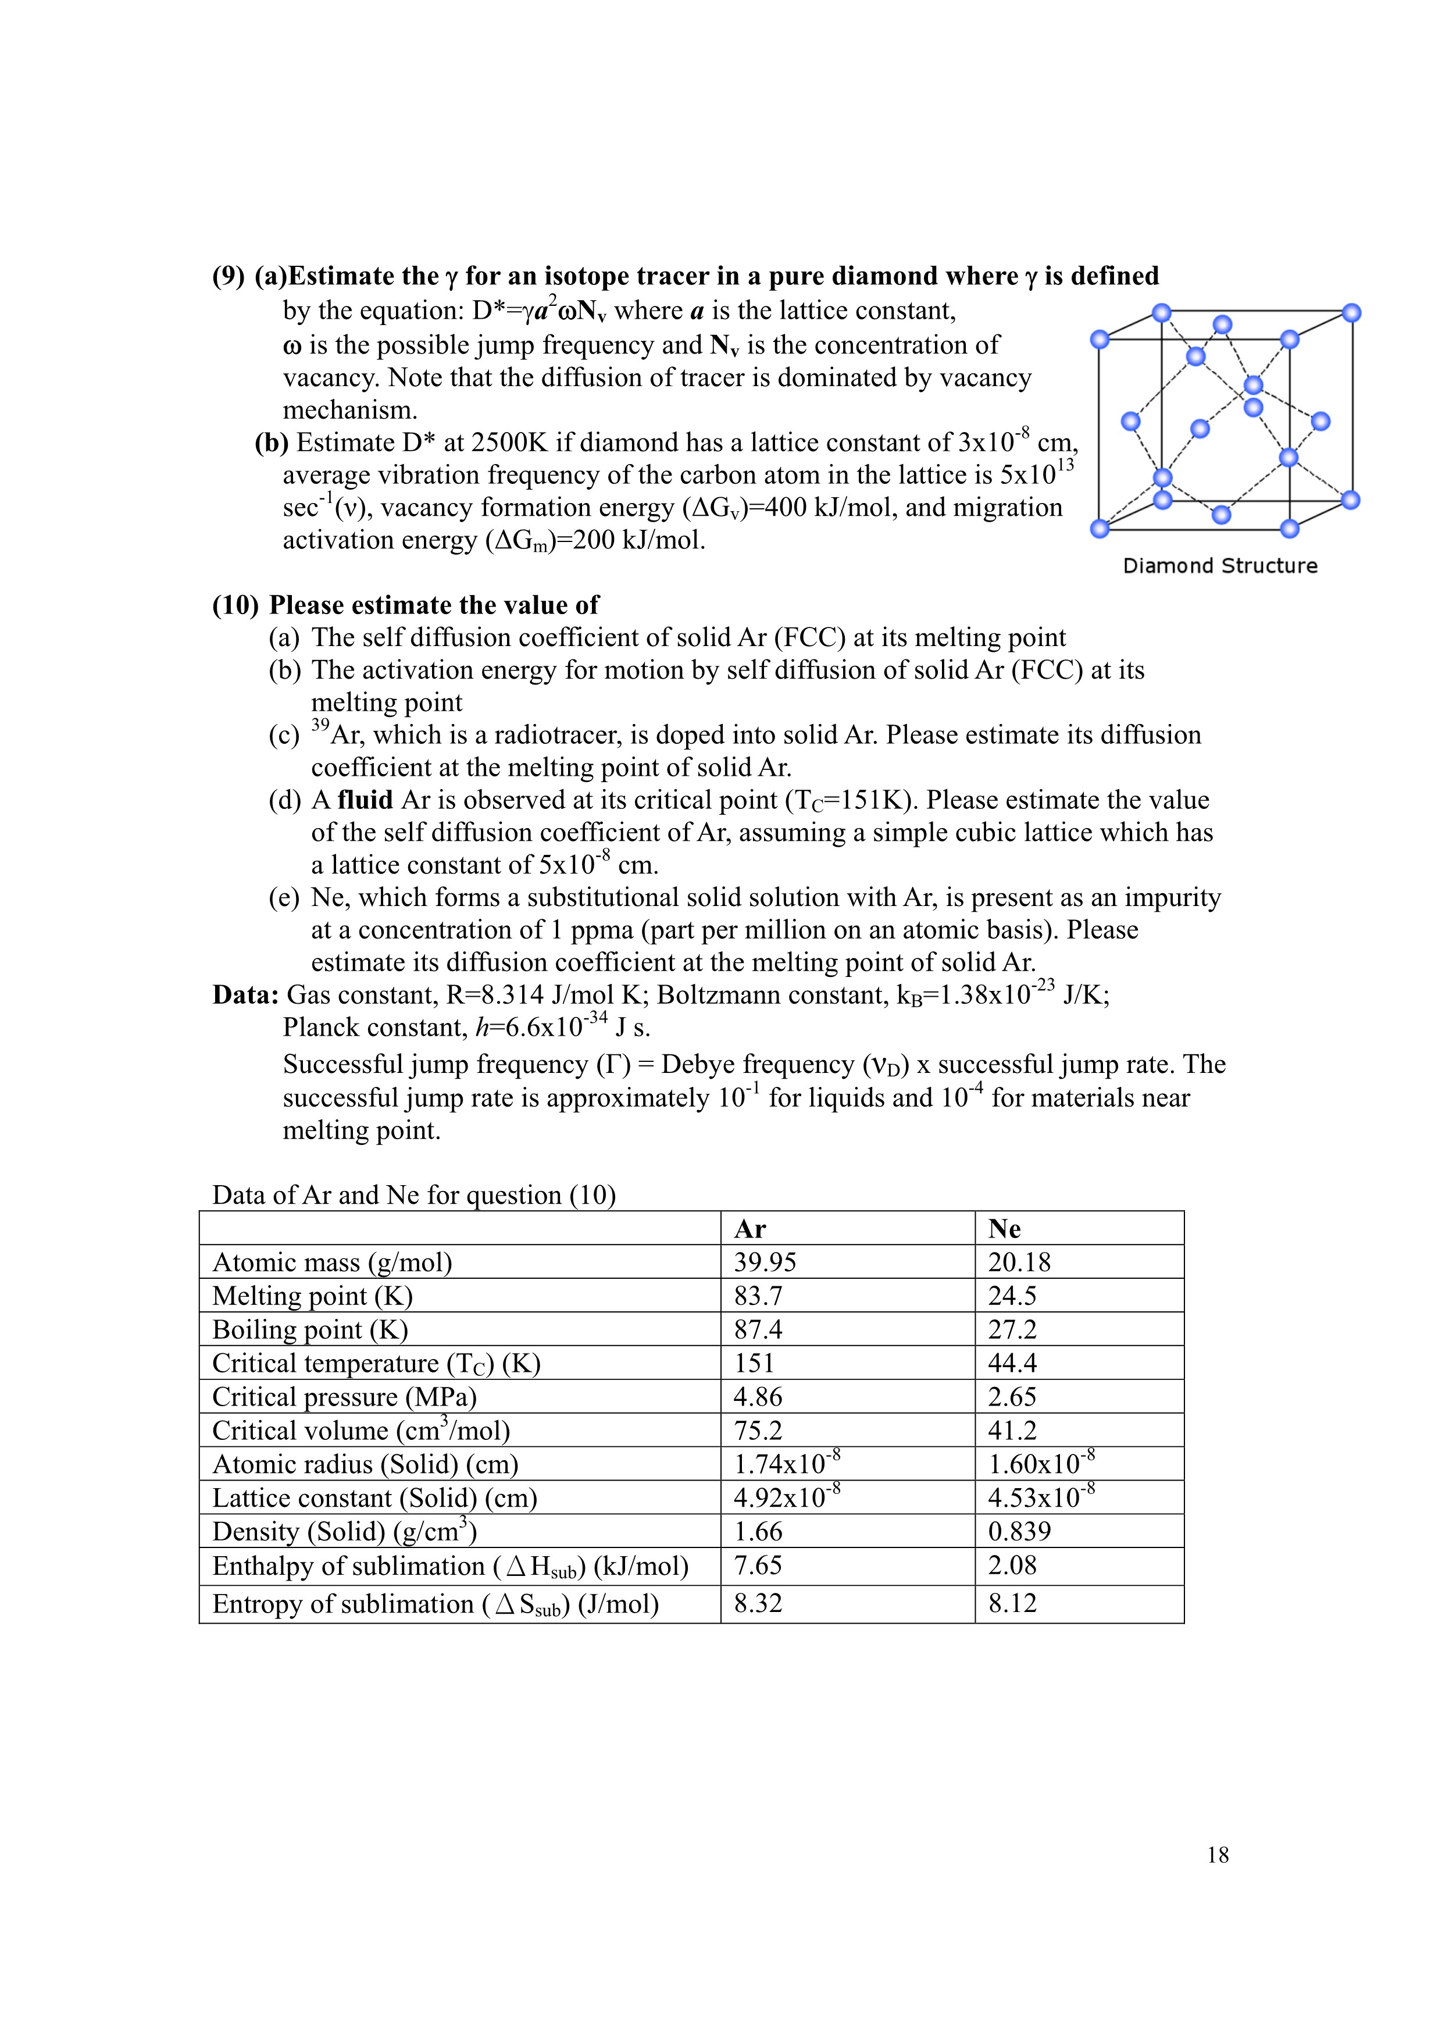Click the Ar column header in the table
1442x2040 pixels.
[x=750, y=1229]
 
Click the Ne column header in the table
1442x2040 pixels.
[x=1004, y=1229]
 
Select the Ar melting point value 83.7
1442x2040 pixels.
[x=758, y=1296]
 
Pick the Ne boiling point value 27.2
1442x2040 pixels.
[x=1012, y=1330]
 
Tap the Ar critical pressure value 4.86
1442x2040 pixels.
[x=758, y=1397]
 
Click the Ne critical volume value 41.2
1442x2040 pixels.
[x=1012, y=1431]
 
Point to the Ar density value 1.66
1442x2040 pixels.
[x=758, y=1532]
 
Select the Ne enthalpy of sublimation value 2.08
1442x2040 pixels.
[x=1012, y=1565]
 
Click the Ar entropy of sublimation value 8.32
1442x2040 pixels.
[x=758, y=1604]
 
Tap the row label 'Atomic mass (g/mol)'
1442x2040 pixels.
[x=332, y=1262]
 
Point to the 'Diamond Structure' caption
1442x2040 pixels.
[x=1220, y=566]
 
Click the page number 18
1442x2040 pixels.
[x=1218, y=1855]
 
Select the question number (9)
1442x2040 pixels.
[x=229, y=276]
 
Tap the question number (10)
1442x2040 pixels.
[x=234, y=605]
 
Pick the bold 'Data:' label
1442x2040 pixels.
[x=246, y=994]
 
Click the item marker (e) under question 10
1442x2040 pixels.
[x=284, y=897]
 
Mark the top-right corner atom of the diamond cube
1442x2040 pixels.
[x=1351, y=313]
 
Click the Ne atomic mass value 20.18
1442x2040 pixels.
[x=1019, y=1262]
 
